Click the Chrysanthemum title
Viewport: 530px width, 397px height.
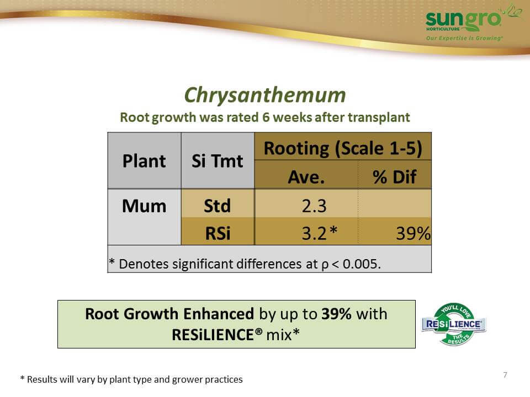[265, 95]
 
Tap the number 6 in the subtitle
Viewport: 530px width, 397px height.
[266, 117]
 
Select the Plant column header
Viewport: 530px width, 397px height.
[144, 160]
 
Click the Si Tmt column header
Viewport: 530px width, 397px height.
[218, 160]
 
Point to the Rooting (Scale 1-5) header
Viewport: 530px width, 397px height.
[343, 148]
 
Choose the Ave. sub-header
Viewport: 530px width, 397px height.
[306, 177]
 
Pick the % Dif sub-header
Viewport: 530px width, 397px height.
[394, 177]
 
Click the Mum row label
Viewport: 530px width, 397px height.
[144, 206]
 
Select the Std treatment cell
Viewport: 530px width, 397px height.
[218, 206]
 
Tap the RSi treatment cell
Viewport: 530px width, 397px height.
[218, 233]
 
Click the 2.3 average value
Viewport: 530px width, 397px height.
[314, 206]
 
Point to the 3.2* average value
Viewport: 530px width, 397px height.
[320, 233]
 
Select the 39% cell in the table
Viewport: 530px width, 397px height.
[414, 233]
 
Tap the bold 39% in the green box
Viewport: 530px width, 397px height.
[337, 314]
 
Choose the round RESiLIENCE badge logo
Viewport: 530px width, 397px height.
[454, 324]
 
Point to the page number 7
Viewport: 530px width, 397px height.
[505, 375]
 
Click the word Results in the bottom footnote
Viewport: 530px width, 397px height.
[42, 379]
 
